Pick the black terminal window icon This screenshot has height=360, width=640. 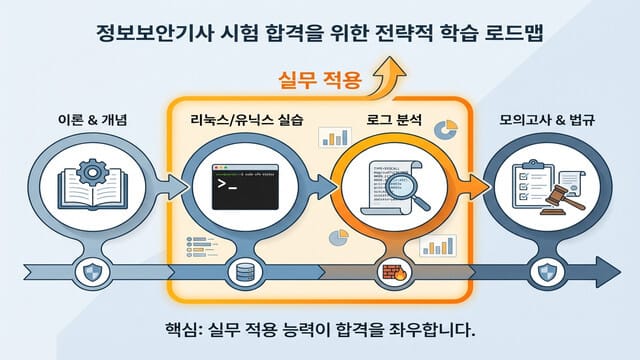(x=237, y=181)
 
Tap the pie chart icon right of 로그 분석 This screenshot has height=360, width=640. (x=447, y=131)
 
